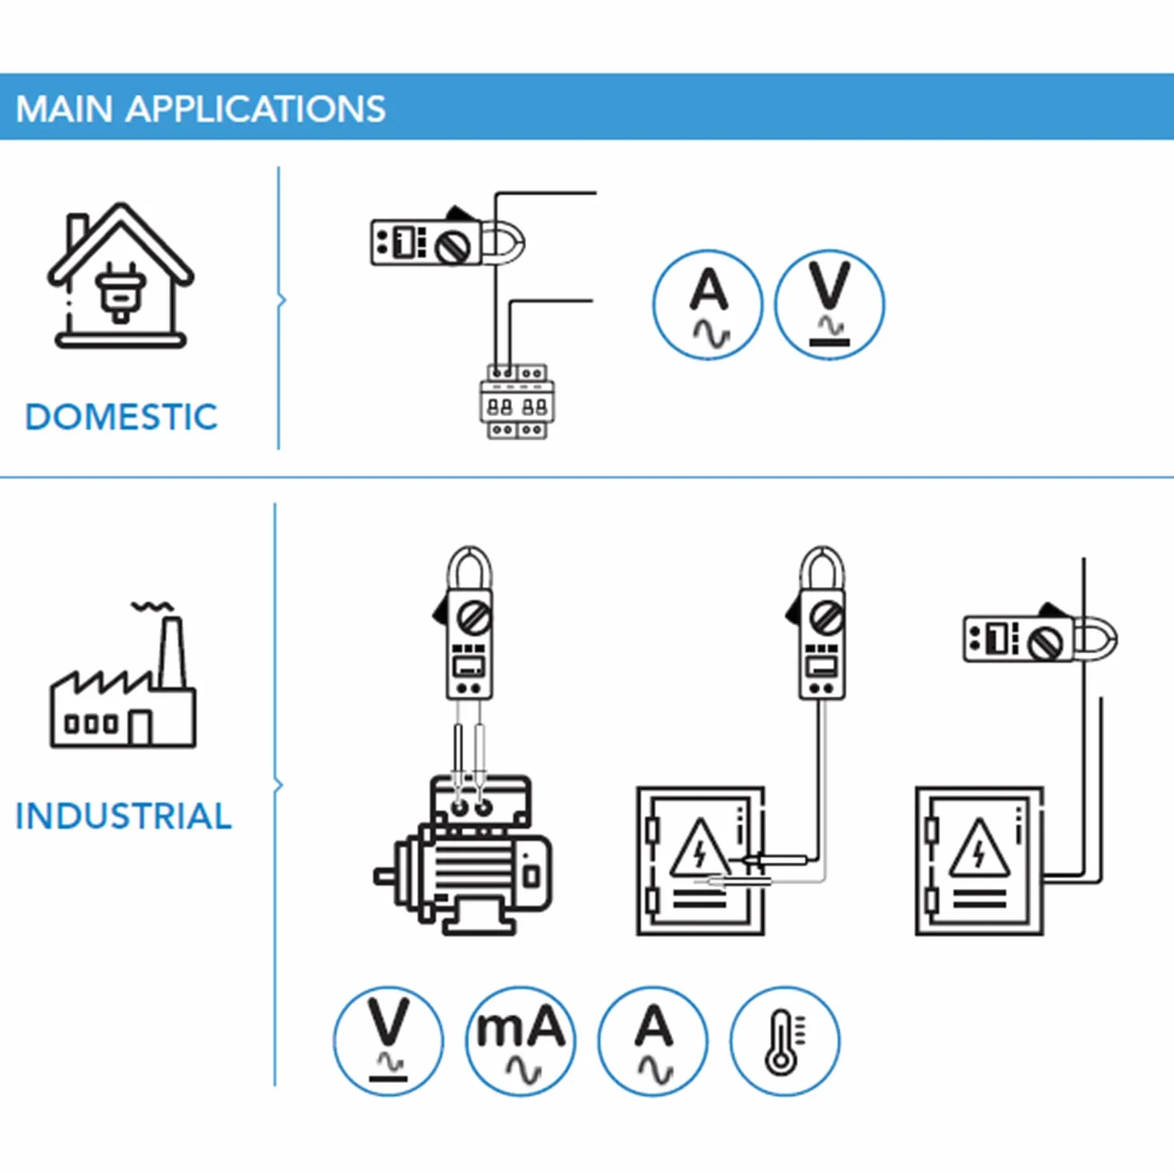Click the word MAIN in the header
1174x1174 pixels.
coord(64,109)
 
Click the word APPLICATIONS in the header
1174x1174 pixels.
coord(256,109)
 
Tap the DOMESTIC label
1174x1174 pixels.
coord(121,418)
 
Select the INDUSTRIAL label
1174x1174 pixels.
coord(124,816)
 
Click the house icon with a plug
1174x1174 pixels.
coord(121,276)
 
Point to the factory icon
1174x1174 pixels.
coord(124,675)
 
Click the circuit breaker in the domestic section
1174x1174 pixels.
coord(517,402)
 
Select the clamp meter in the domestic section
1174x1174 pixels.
coord(448,240)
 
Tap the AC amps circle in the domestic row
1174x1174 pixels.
coord(708,304)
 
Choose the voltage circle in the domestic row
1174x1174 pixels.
coord(830,304)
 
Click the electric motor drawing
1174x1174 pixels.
coord(463,855)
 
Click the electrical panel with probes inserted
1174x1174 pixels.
coord(700,861)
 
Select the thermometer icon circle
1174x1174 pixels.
coord(785,1041)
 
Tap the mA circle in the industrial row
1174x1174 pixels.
coord(520,1041)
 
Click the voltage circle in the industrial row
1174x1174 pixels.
coord(388,1041)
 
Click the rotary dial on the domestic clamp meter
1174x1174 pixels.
coord(454,246)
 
